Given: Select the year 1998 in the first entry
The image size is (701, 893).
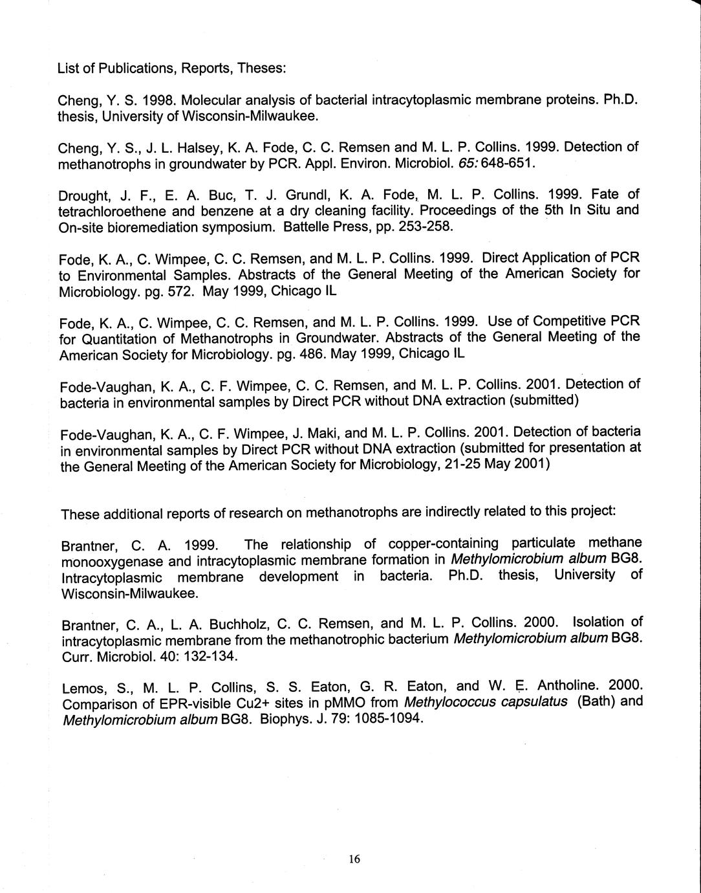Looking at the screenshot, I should [158, 102].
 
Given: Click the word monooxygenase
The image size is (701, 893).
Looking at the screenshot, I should [108, 560].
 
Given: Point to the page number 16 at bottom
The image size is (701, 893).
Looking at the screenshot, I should [353, 859].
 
